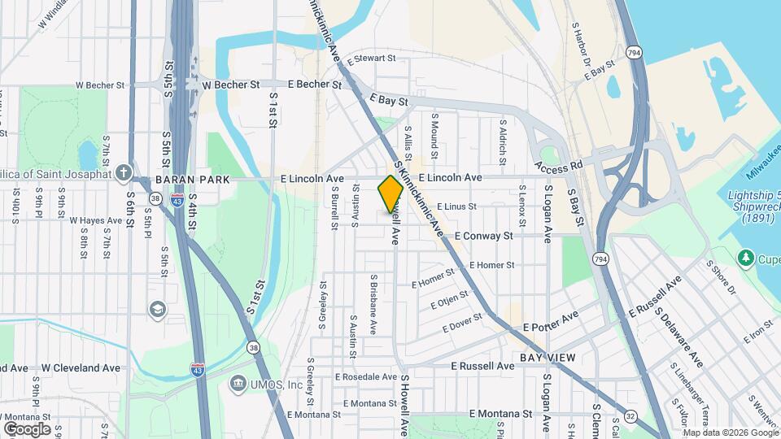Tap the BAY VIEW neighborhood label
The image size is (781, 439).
[x=548, y=358]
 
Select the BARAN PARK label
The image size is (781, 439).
[x=193, y=179]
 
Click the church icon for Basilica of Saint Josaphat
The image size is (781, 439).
[x=123, y=172]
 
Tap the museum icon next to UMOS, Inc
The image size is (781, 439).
[x=238, y=384]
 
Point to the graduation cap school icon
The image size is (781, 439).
[x=157, y=310]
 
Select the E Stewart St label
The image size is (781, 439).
[x=370, y=59]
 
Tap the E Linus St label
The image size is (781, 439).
[x=456, y=207]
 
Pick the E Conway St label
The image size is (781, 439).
[x=483, y=236]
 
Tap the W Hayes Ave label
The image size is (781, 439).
[x=95, y=220]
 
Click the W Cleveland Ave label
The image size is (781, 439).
[x=81, y=367]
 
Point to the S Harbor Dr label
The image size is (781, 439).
[x=580, y=45]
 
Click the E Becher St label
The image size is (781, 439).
[x=314, y=84]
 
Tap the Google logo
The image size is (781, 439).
[x=27, y=428]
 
